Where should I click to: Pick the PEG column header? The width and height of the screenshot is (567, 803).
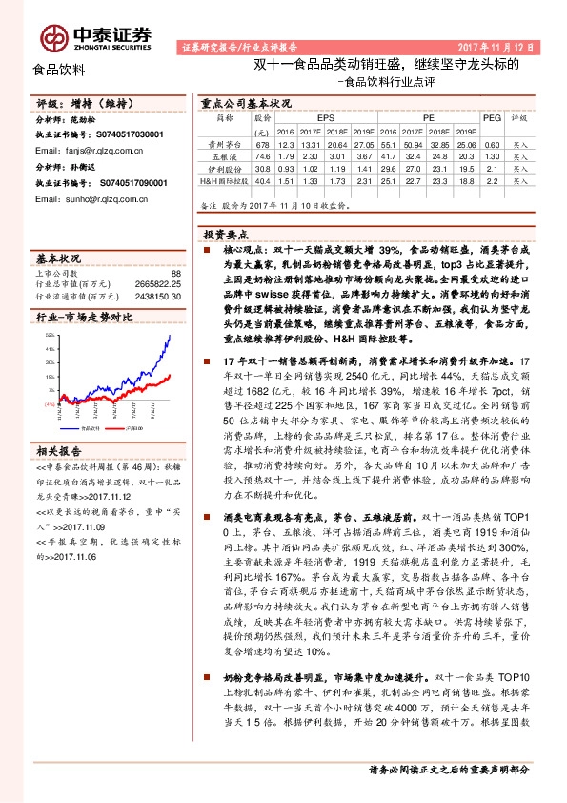tap(492, 118)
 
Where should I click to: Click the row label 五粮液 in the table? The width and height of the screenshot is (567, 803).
tap(224, 155)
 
